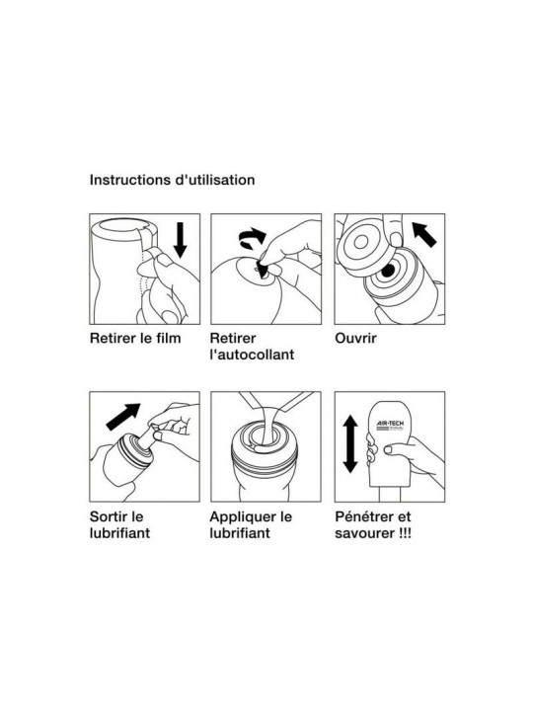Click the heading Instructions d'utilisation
[x=172, y=180]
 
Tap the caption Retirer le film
[x=135, y=339]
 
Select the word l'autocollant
[x=252, y=355]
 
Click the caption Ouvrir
[x=355, y=339]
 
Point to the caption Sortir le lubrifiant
[x=119, y=524]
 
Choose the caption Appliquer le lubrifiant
[x=251, y=524]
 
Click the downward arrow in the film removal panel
[x=180, y=240]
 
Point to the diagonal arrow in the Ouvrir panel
[x=423, y=233]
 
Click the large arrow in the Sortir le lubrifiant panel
[x=123, y=417]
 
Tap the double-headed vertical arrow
[x=350, y=444]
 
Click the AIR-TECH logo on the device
[x=390, y=425]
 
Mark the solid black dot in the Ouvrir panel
[x=388, y=271]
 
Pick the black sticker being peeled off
[x=263, y=269]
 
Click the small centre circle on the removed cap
[x=361, y=242]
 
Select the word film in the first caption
[x=167, y=339]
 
